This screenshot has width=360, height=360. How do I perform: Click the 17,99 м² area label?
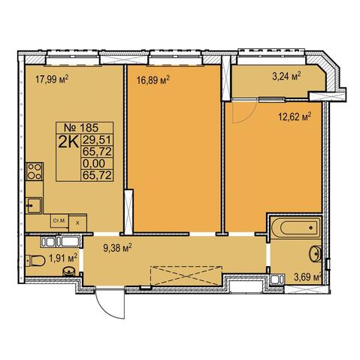52,80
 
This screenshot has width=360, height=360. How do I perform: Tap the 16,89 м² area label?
153,80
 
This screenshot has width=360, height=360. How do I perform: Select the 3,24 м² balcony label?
286,76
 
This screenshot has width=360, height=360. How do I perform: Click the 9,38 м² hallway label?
117,248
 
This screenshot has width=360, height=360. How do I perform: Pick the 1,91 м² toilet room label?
63,259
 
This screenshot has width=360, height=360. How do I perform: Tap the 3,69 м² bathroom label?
307,277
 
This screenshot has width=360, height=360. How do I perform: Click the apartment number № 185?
81,128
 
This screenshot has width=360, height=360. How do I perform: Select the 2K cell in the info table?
68,141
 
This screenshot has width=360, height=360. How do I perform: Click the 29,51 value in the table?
97,140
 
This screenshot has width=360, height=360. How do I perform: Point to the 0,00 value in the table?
94,164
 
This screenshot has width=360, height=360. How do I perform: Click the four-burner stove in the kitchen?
35,171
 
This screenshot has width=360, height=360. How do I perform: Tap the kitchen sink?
34,205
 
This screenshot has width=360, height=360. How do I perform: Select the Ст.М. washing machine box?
59,221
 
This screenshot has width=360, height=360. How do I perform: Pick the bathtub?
295,228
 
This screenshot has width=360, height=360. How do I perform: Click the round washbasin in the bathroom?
316,254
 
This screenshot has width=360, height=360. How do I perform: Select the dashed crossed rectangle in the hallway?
186,276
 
